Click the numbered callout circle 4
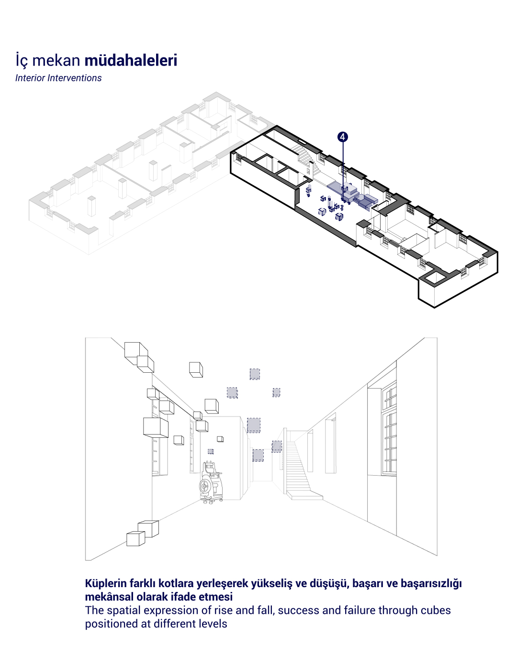342,137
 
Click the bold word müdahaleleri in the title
131,60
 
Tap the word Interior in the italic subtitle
30,78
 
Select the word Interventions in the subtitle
75,78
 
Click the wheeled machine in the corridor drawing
211,483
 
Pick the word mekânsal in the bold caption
109,596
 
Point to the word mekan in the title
56,60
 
